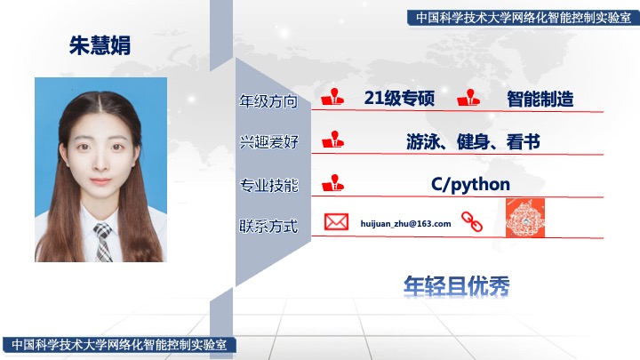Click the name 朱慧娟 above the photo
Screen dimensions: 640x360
point(100,45)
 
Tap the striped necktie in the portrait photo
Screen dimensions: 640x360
point(103,242)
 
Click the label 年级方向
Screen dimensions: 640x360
point(268,101)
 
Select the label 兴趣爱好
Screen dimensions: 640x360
point(268,142)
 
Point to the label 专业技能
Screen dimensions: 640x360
point(268,185)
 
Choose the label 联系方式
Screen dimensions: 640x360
point(268,226)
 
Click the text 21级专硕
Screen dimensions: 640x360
point(399,98)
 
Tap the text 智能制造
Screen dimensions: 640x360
point(540,99)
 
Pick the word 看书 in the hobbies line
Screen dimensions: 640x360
point(524,141)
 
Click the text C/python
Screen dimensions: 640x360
point(470,185)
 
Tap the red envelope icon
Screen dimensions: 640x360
point(336,222)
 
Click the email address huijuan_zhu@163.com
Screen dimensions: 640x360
point(405,224)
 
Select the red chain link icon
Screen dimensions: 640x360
point(472,221)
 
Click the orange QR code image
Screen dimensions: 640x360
point(525,218)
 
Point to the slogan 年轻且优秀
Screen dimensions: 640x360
point(456,285)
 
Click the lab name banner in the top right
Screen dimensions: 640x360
point(524,18)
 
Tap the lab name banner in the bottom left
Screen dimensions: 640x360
point(119,345)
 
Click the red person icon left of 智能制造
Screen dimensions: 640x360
point(468,98)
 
